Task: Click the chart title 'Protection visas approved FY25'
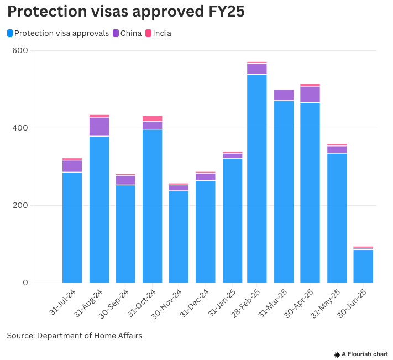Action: [125, 12]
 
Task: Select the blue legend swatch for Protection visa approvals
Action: [11, 33]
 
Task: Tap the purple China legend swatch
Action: [116, 33]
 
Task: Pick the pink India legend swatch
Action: [149, 33]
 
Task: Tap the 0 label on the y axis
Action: [25, 283]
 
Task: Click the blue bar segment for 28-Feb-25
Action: [257, 178]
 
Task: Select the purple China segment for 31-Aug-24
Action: [99, 127]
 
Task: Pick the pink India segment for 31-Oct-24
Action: [152, 118]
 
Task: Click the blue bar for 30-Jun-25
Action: [363, 266]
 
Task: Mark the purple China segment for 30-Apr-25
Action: [310, 94]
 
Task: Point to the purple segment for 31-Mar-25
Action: [284, 95]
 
